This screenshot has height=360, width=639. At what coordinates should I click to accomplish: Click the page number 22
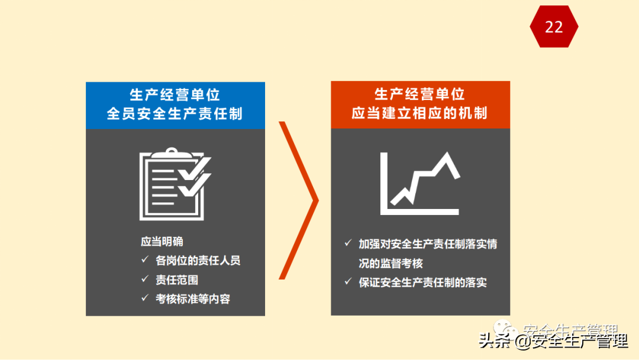coord(554,27)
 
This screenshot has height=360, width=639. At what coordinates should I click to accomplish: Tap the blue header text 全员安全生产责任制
coord(175,113)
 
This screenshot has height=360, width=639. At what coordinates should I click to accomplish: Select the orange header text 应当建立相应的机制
coord(419,112)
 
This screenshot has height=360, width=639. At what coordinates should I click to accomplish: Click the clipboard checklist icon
coord(175,185)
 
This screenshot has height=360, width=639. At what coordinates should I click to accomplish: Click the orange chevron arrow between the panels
coord(299,200)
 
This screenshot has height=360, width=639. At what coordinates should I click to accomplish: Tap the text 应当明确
coord(162,241)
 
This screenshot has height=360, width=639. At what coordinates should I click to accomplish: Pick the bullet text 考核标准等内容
coord(192,298)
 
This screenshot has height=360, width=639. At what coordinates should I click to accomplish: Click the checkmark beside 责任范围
coord(144,279)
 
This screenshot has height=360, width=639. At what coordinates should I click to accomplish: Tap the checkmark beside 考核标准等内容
coord(144,298)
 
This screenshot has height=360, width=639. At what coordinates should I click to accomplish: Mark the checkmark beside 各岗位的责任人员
coord(144,260)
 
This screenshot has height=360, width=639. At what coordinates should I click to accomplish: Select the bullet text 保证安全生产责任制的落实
coord(422,282)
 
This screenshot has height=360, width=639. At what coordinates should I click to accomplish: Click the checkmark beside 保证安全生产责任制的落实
coord(348,282)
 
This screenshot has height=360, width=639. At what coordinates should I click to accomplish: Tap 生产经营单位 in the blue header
coord(175,95)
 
